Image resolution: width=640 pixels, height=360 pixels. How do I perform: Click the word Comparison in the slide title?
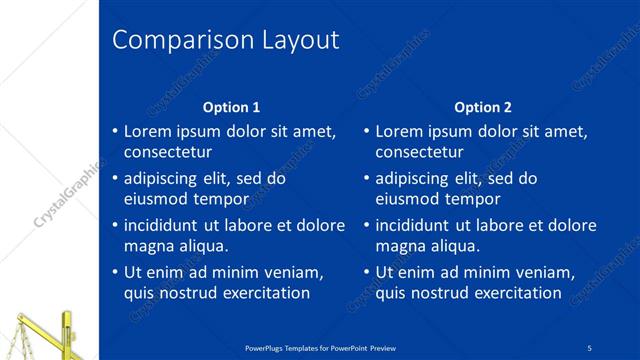(169, 41)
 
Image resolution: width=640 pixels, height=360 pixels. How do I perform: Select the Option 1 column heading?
(231, 107)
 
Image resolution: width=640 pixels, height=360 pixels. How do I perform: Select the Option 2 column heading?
(483, 107)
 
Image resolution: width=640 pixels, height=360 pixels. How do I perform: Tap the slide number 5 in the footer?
(590, 347)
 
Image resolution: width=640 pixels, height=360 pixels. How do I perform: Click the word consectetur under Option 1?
(167, 152)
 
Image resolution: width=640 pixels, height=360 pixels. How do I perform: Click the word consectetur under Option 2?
(419, 152)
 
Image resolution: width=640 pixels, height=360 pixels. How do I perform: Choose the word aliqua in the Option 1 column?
(201, 245)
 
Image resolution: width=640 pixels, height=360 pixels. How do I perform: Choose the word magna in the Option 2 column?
(399, 245)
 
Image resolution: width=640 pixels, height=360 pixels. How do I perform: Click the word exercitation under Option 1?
(263, 293)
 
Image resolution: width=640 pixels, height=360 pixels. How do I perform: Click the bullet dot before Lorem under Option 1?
(115, 131)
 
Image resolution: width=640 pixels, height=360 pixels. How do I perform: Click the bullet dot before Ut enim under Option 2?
(367, 272)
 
